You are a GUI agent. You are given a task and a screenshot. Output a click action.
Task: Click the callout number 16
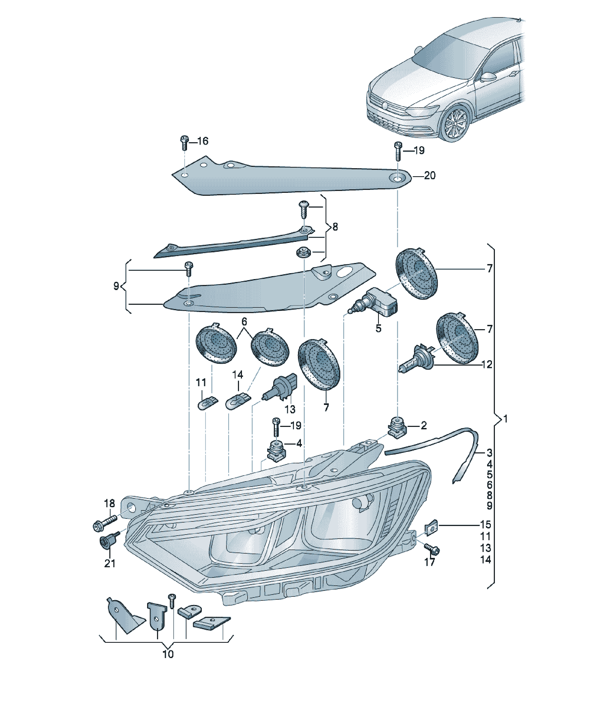click(x=203, y=141)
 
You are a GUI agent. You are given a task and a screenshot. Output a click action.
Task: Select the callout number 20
click(x=430, y=175)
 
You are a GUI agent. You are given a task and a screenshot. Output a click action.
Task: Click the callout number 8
click(x=335, y=227)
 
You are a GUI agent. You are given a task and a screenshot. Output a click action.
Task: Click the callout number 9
click(x=116, y=286)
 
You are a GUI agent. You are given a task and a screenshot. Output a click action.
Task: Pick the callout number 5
click(x=378, y=328)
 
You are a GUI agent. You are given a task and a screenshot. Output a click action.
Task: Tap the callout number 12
click(x=487, y=365)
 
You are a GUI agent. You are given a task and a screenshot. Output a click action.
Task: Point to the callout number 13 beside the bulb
click(x=290, y=410)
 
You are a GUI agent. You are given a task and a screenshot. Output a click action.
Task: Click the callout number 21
click(x=110, y=563)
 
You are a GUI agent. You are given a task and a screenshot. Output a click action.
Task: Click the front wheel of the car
click(x=455, y=123)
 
